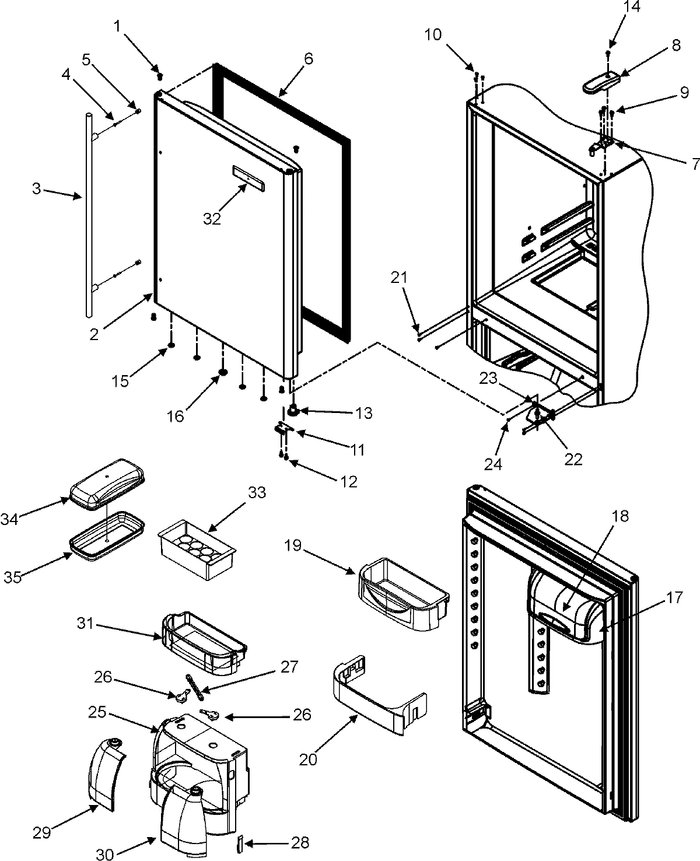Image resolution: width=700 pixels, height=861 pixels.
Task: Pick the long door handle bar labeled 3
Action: pos(88,216)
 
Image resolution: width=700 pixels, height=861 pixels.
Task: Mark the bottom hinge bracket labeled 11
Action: pos(283,429)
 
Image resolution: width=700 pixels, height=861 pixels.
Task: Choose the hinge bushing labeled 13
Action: pos(294,412)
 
